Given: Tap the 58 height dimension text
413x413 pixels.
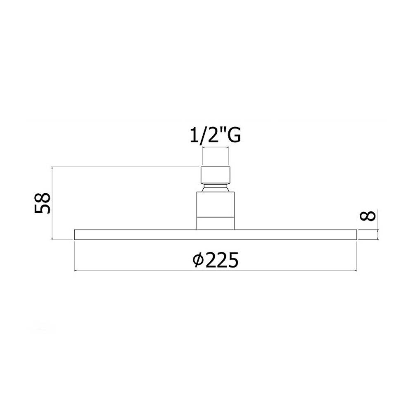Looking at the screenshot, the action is [x=42, y=203].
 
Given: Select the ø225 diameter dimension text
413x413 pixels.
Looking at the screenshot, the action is [x=216, y=260].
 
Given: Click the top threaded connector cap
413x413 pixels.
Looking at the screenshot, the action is [x=216, y=175].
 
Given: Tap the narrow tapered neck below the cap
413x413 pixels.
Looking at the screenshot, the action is [x=216, y=188].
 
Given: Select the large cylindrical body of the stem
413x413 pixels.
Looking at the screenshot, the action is [x=216, y=204].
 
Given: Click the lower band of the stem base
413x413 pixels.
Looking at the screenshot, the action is [x=216, y=223].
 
